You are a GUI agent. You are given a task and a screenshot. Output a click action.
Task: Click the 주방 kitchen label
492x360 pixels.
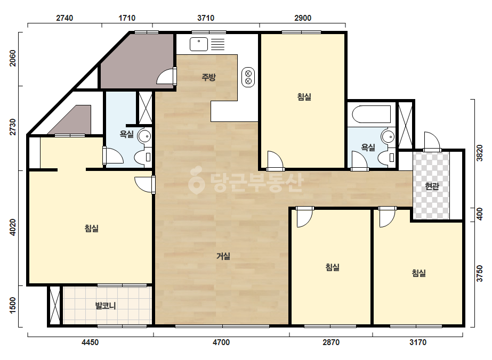pyautogui.click(x=208, y=77)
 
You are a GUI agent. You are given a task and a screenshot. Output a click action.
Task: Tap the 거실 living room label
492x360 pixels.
pyautogui.click(x=223, y=256)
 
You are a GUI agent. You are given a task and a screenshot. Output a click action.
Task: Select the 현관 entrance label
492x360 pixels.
pyautogui.click(x=432, y=186)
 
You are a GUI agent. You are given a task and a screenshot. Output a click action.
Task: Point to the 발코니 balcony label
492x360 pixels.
pyautogui.click(x=106, y=306)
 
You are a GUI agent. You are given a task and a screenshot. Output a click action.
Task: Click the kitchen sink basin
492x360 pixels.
pyautogui.click(x=199, y=44)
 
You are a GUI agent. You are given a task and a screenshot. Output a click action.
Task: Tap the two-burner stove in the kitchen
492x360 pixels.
pyautogui.click(x=248, y=77)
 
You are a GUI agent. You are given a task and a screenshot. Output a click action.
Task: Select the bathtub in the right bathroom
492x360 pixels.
pyautogui.click(x=372, y=114)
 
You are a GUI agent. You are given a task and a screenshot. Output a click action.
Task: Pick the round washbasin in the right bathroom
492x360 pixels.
pyautogui.click(x=388, y=137)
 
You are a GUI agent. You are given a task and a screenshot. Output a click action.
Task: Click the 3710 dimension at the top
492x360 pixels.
pyautogui.click(x=206, y=18)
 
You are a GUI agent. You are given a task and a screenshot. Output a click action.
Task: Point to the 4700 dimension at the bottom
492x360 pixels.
pyautogui.click(x=221, y=342)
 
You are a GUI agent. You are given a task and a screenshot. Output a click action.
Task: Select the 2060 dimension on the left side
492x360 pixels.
pyautogui.click(x=13, y=59)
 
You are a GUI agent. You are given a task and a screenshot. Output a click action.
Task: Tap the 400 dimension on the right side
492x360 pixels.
pyautogui.click(x=479, y=214)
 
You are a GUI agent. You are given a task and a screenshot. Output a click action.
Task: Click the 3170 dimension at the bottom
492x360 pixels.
pyautogui.click(x=418, y=342)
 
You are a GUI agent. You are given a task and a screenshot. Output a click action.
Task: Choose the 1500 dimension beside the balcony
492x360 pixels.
pyautogui.click(x=13, y=305)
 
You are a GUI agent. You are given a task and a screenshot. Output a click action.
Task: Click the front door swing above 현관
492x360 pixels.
pyautogui.click(x=432, y=142)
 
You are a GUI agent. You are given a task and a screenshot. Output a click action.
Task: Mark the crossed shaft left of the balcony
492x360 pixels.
pyautogui.click(x=55, y=306)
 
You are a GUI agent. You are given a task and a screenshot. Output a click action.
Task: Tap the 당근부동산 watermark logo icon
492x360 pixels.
pyautogui.click(x=196, y=181)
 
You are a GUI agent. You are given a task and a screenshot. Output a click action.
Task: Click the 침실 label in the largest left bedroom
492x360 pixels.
pyautogui.click(x=92, y=228)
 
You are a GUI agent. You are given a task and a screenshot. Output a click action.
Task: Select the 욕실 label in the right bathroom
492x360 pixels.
pyautogui.click(x=368, y=147)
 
